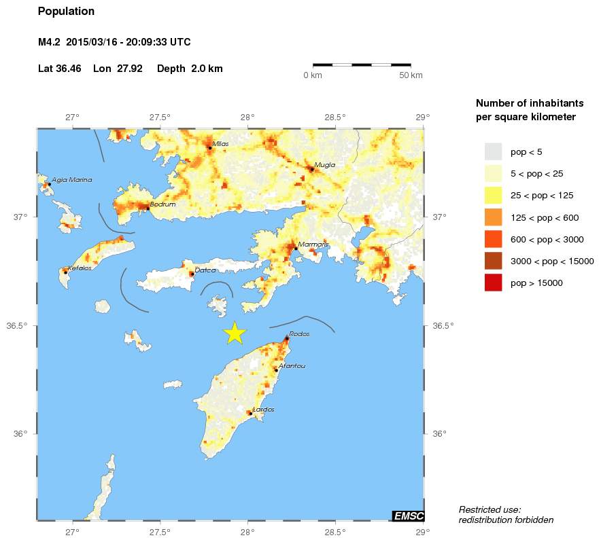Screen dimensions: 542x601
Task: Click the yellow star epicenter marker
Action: (x=234, y=332)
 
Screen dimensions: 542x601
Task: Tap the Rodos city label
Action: (x=299, y=333)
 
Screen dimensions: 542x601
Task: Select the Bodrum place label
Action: (x=163, y=204)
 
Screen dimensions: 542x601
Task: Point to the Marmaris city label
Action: (x=309, y=244)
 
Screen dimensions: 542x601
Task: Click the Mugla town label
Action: (x=324, y=164)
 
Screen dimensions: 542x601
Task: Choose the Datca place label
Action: (x=205, y=270)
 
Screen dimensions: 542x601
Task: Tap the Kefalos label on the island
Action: (x=80, y=268)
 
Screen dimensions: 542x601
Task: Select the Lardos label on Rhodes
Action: (x=263, y=409)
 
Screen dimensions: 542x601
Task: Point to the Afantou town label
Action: (x=292, y=365)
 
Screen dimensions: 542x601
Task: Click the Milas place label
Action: (x=221, y=143)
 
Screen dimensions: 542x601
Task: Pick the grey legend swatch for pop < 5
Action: (x=493, y=151)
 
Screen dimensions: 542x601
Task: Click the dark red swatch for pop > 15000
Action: (x=493, y=283)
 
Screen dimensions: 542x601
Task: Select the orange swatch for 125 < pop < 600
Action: (x=493, y=217)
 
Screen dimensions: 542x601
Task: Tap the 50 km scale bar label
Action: (x=411, y=75)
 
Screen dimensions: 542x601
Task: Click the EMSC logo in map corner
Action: (x=408, y=516)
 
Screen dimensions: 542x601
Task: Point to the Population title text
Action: (x=66, y=12)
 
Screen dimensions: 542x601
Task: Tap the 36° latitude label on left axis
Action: (x=20, y=433)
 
